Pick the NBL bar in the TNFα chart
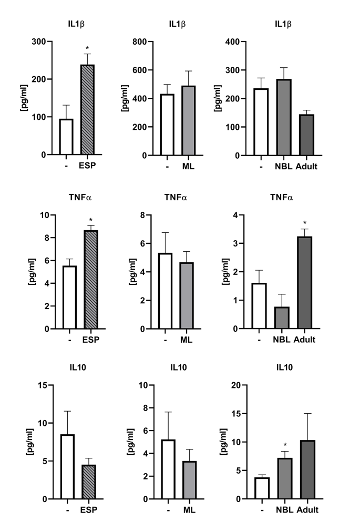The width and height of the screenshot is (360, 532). point(282,318)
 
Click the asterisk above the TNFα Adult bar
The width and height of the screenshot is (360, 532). point(305,219)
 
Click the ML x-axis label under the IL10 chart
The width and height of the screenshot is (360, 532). point(188,510)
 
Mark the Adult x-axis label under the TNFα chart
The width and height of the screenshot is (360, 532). point(305,340)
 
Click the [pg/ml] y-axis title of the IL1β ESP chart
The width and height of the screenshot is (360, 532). point(23,98)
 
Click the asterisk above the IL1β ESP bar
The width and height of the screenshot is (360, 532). point(87,48)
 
